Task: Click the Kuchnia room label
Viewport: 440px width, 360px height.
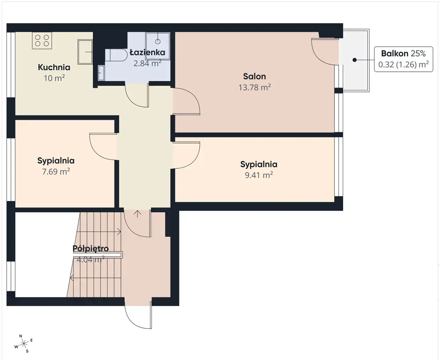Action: point(54,67)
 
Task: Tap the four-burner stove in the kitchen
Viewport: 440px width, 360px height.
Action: point(42,41)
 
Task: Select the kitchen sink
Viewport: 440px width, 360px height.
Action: point(85,52)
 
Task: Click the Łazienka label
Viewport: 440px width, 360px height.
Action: point(147,52)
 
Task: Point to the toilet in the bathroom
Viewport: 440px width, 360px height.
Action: point(116,55)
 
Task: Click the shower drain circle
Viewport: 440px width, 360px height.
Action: point(158,42)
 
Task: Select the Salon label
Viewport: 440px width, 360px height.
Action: point(254,76)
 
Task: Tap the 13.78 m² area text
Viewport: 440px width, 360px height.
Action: point(254,87)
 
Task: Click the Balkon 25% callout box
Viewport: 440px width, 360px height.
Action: point(404,59)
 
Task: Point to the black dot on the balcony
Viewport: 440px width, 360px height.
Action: point(354,60)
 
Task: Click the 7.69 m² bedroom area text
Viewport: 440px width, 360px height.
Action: point(56,171)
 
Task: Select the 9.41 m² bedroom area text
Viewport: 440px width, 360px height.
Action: point(259,175)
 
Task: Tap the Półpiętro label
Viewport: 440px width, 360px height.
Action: point(90,248)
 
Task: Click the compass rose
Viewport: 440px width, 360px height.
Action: point(24,343)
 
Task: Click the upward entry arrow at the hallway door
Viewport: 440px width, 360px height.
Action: point(137,214)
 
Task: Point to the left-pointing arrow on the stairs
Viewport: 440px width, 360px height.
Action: point(96,278)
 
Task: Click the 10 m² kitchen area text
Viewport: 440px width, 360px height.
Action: point(54,78)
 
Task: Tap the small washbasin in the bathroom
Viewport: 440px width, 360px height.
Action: point(101,73)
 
